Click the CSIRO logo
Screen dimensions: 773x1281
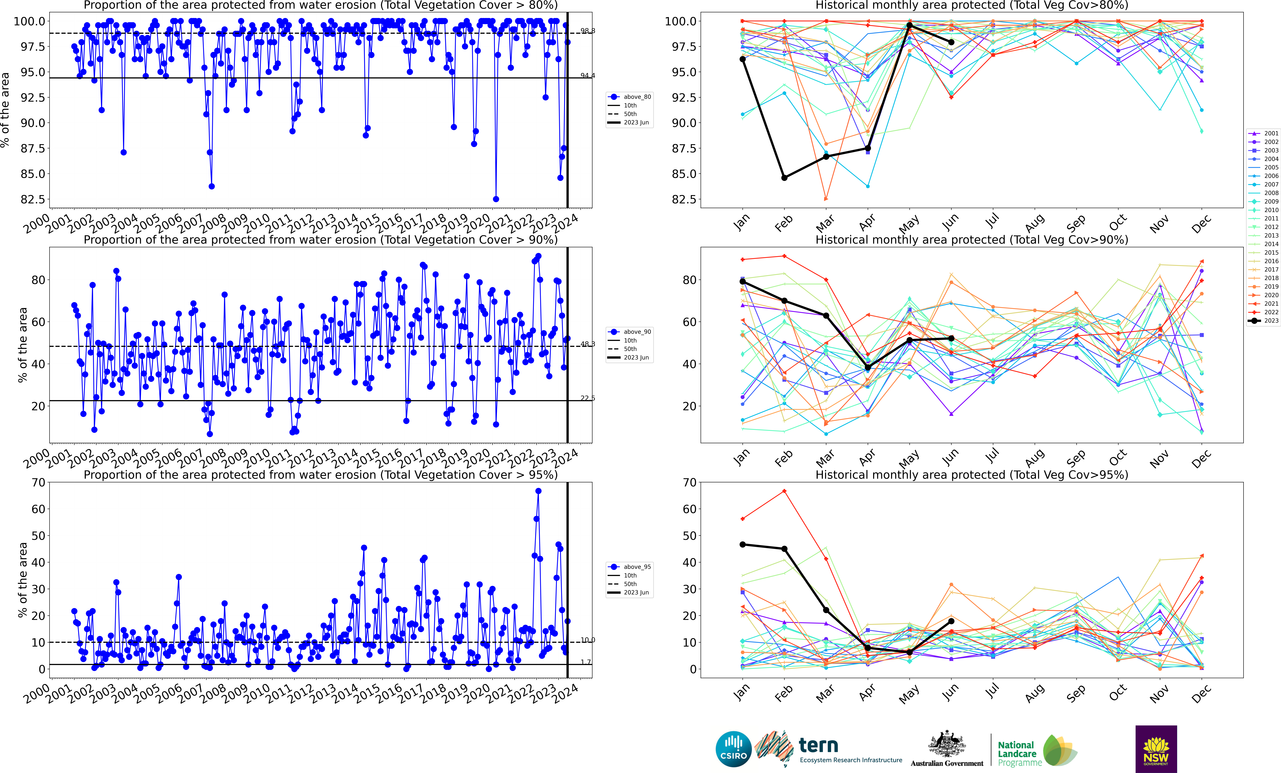coord(734,749)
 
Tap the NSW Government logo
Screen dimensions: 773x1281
coord(1156,749)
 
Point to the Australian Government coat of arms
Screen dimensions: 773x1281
coord(947,744)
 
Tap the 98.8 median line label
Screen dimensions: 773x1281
coord(587,31)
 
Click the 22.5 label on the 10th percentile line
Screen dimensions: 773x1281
coord(587,398)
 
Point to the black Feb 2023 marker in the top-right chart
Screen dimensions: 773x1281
coord(784,178)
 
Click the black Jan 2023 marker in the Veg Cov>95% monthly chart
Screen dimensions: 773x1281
coord(742,544)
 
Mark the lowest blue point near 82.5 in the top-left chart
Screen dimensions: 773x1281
coord(496,199)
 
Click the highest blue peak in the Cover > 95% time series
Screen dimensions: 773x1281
coord(538,491)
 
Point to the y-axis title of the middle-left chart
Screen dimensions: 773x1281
coord(22,345)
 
